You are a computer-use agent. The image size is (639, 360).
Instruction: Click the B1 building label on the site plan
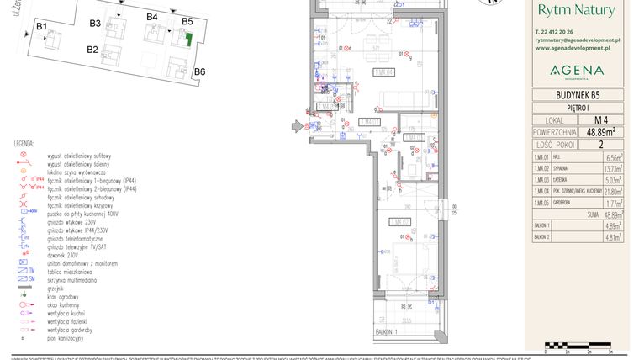click(x=40, y=28)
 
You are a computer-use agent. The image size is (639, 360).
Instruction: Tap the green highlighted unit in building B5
click(x=188, y=39)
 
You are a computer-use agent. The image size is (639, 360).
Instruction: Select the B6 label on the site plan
click(x=199, y=72)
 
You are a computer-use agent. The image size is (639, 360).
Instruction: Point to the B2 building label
click(x=92, y=50)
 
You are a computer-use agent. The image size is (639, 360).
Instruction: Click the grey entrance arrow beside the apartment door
click(x=297, y=127)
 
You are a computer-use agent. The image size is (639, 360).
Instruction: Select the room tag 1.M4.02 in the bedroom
click(x=399, y=223)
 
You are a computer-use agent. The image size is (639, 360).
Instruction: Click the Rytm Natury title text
click(x=576, y=10)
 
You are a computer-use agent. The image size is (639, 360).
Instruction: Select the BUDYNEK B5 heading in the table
click(x=577, y=95)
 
